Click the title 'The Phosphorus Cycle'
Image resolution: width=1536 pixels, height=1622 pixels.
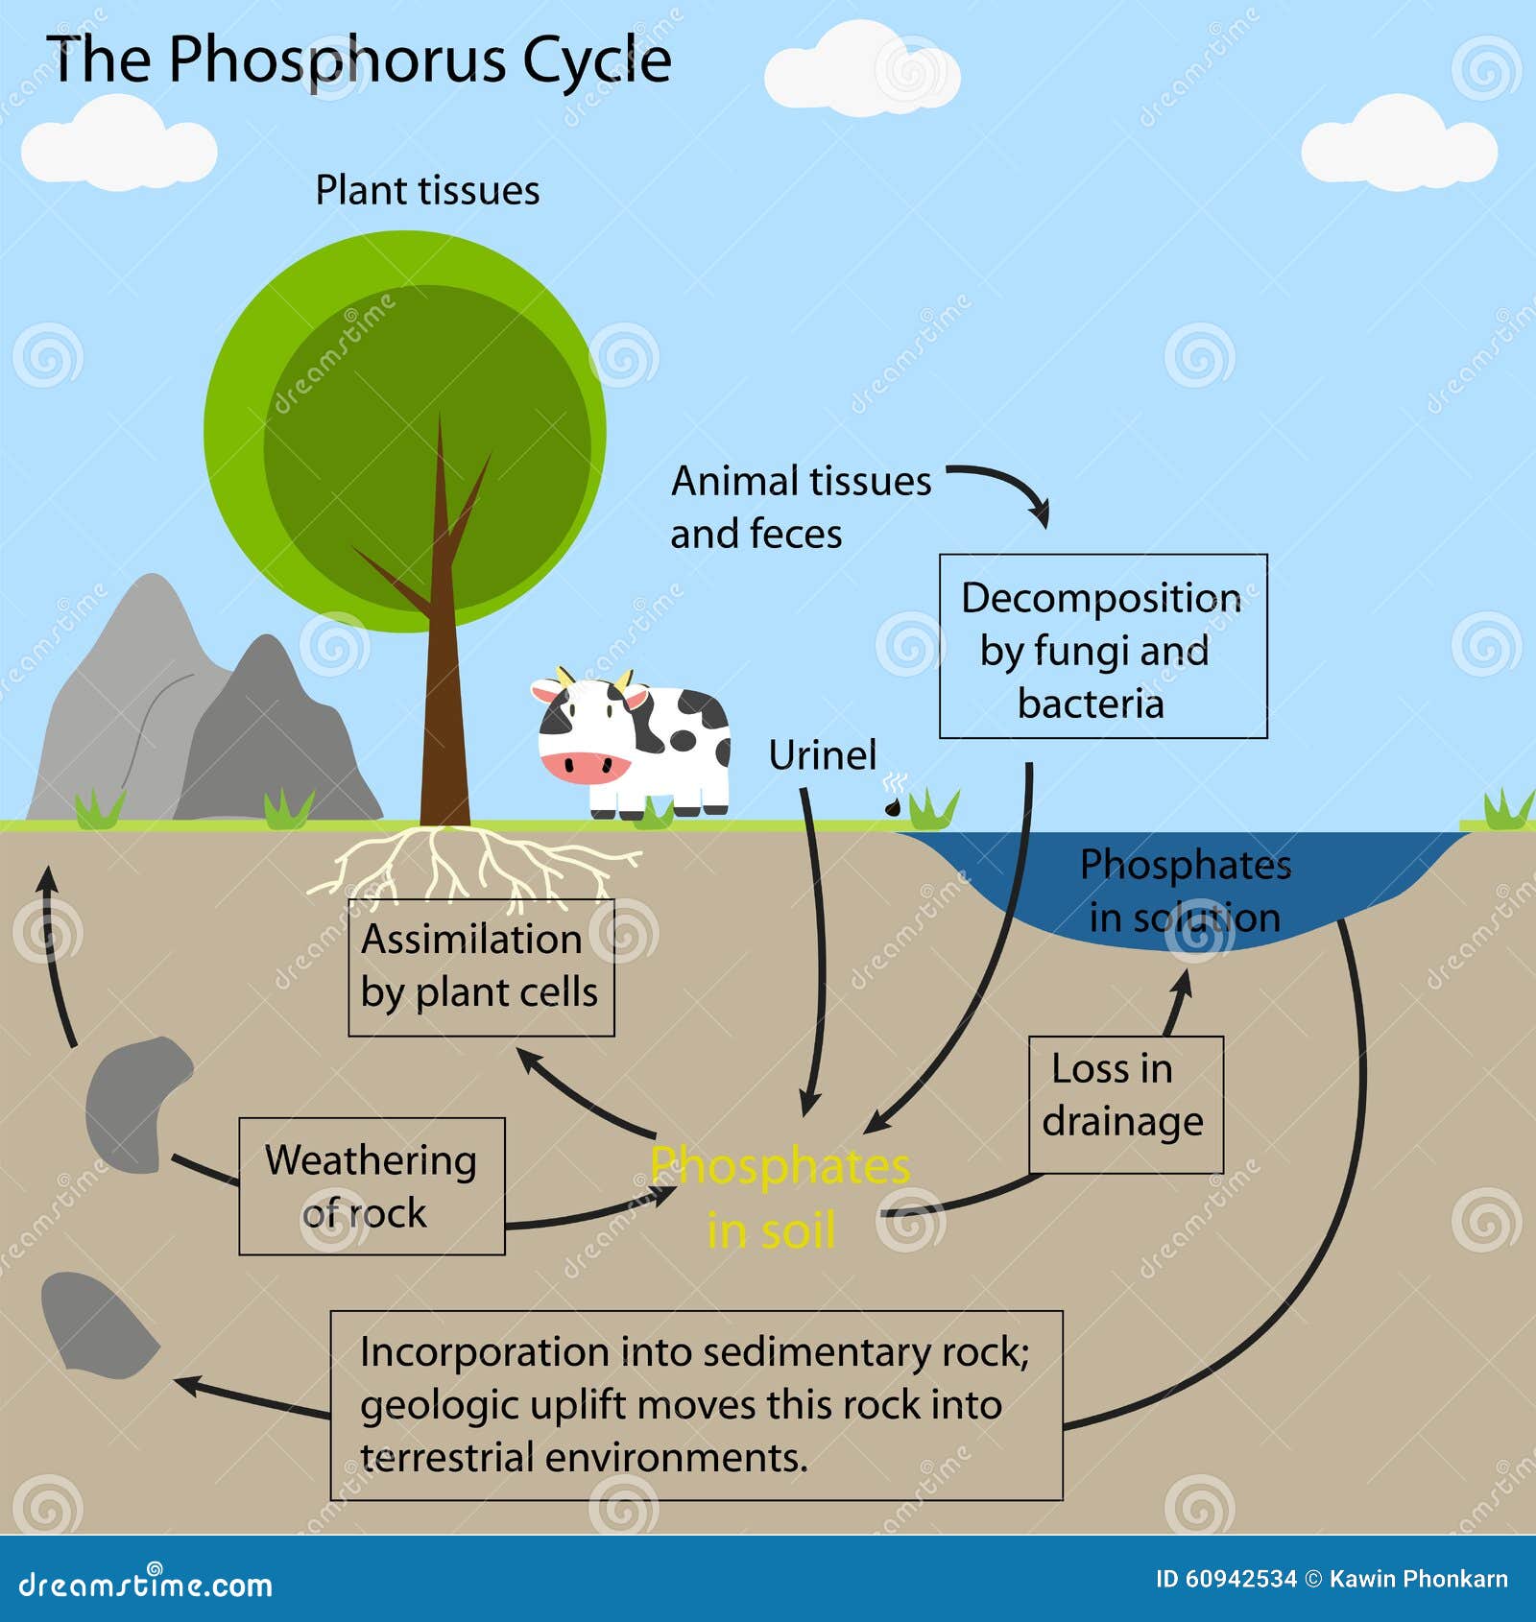pos(358,60)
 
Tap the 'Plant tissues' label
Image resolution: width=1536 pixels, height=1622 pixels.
pos(427,190)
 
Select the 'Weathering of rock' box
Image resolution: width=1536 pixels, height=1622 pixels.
pos(372,1185)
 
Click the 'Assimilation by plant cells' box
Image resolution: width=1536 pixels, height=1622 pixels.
pos(480,966)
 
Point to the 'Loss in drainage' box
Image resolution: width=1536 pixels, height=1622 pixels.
pos(1125,1104)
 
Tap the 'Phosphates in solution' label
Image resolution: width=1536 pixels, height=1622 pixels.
pos(1185,891)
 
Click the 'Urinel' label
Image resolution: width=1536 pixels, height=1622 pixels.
pos(822,755)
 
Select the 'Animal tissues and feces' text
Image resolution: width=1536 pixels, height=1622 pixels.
pos(799,507)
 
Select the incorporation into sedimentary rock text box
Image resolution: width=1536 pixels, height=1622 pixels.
pos(696,1404)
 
